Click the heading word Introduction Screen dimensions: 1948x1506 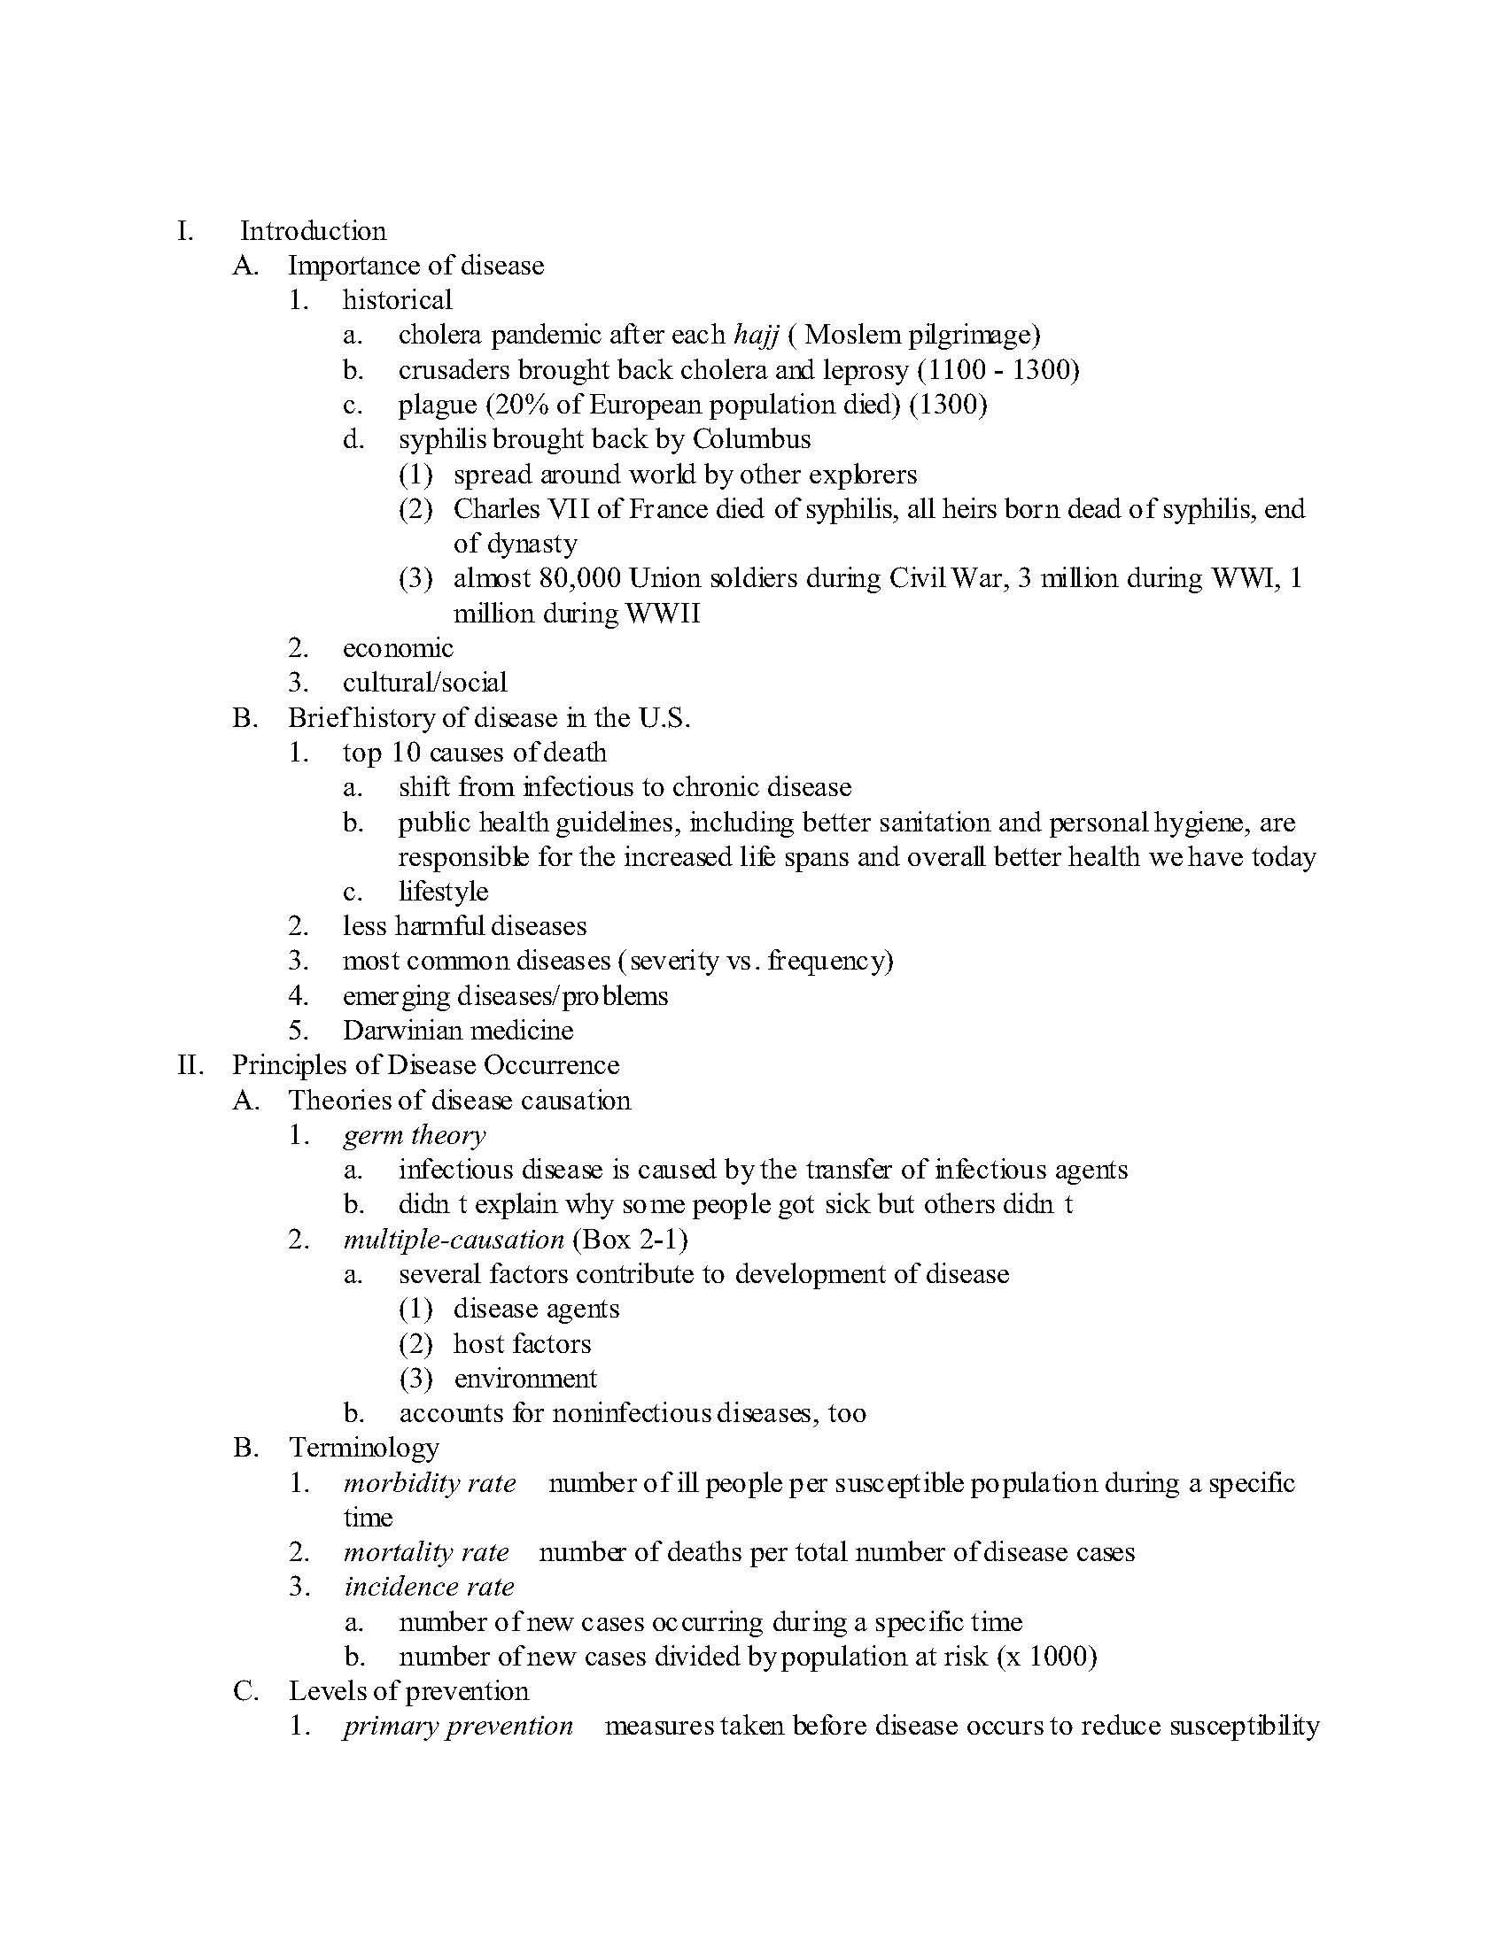(x=312, y=231)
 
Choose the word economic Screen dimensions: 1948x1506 (x=398, y=648)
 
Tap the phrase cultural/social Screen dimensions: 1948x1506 (x=424, y=684)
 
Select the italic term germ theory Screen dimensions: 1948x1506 (x=414, y=1135)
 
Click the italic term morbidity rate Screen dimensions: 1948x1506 (x=429, y=1483)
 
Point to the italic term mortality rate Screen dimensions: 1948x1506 (x=425, y=1553)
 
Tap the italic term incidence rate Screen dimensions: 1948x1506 (x=429, y=1588)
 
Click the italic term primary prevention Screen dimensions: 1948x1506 (x=458, y=1727)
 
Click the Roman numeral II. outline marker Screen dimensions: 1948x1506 (x=191, y=1066)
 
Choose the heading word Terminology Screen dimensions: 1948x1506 (x=363, y=1448)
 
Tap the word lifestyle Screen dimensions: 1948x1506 (x=444, y=892)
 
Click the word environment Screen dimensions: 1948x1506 (x=525, y=1379)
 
